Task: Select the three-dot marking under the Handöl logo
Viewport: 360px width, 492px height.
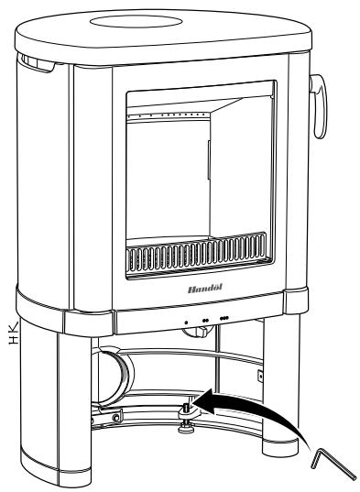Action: (x=225, y=321)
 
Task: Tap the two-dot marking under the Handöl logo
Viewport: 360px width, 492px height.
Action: (x=205, y=321)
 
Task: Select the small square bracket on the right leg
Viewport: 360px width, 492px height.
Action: (x=261, y=376)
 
